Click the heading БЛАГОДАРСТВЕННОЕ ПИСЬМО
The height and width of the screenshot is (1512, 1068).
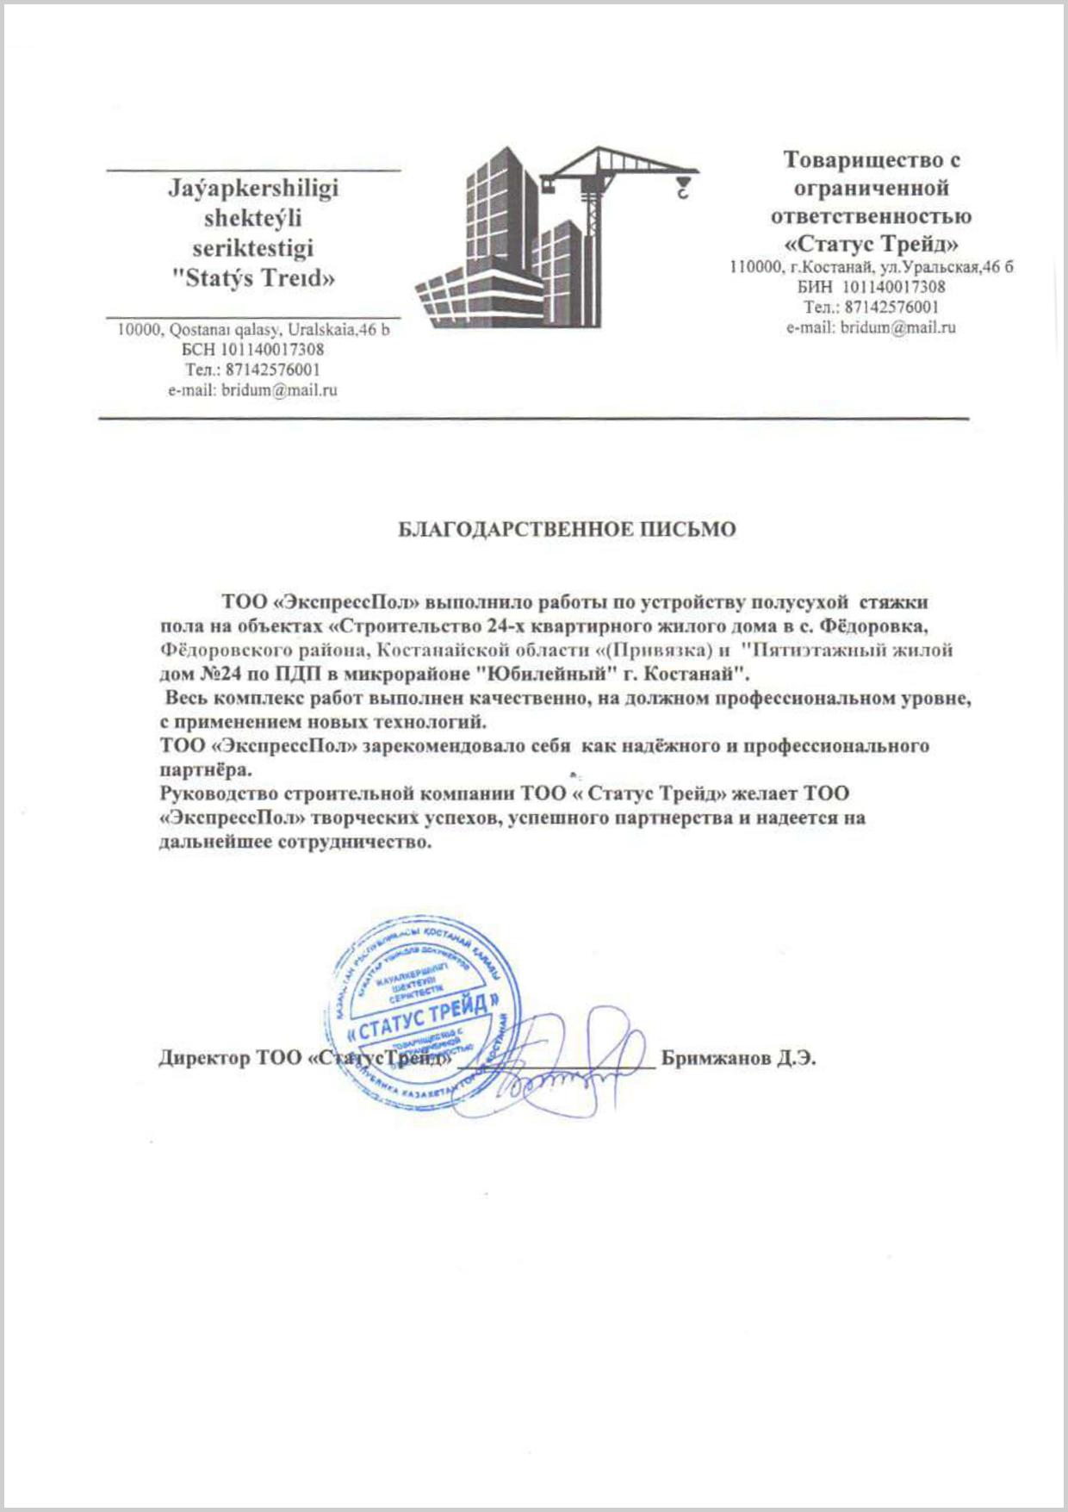coord(567,529)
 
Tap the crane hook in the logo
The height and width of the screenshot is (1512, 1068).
coord(682,187)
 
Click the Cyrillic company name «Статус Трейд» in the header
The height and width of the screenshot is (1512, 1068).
coord(871,242)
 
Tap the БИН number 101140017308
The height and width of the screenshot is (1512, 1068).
coord(893,287)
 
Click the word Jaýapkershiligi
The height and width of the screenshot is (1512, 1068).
coord(252,189)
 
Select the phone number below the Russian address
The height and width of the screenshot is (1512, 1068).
coord(892,308)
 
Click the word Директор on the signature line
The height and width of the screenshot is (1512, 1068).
coord(203,1058)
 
